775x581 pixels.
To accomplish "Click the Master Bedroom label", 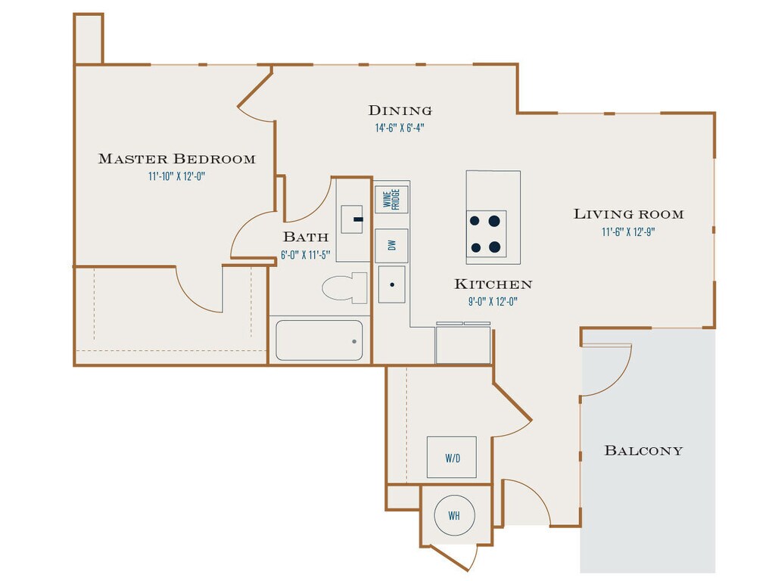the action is [176, 159].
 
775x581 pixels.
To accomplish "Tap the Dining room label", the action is [400, 110].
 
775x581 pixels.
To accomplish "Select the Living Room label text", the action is [628, 214].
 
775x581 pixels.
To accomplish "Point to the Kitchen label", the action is [493, 284].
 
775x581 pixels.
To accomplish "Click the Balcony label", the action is [643, 451].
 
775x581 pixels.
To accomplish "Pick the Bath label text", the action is [305, 237].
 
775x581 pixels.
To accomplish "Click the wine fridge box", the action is [391, 200].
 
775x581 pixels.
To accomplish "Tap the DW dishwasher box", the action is [391, 245].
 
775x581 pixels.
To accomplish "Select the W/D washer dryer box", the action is [452, 457].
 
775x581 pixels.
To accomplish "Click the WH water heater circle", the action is [453, 516].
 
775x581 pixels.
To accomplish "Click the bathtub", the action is [319, 340].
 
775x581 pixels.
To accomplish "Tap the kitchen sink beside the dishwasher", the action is [391, 284].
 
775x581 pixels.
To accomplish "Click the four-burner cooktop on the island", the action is [486, 234].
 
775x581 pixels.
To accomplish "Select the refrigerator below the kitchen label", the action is [463, 344].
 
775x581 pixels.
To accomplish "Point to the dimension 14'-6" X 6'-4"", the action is [400, 128].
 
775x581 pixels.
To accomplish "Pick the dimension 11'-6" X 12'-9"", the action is [628, 232].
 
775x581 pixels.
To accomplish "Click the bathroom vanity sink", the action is [353, 219].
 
